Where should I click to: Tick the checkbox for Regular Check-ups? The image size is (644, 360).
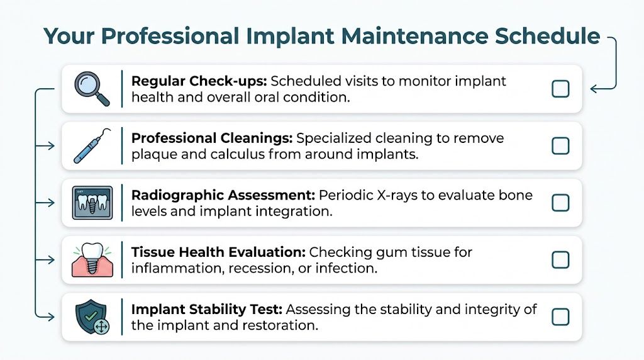click(x=560, y=89)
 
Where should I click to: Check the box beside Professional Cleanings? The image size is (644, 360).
click(x=560, y=146)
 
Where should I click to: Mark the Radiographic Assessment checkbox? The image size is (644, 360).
click(x=560, y=203)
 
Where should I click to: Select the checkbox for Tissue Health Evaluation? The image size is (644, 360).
click(x=560, y=259)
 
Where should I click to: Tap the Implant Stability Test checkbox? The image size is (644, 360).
click(x=560, y=316)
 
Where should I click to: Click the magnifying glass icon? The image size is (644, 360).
click(x=91, y=89)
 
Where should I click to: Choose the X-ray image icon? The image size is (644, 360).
click(x=92, y=203)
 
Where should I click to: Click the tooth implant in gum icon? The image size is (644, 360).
click(x=92, y=259)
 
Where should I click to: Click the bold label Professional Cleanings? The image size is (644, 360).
click(x=212, y=138)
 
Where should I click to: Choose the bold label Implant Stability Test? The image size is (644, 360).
click(x=207, y=309)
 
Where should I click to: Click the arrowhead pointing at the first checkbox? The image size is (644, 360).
click(x=594, y=89)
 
